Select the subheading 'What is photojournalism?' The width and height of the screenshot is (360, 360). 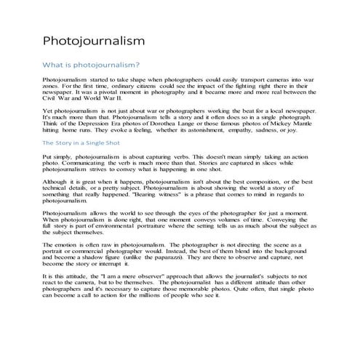pos(92,65)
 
